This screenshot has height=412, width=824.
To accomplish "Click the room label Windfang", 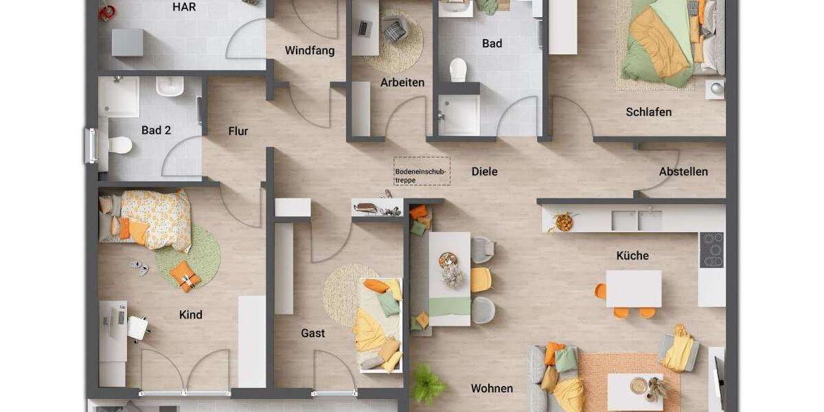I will click(310, 51).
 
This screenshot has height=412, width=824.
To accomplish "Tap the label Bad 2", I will click(156, 130).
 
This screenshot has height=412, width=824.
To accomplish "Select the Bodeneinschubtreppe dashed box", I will click(422, 171).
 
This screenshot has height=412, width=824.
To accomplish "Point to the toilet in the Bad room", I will click(458, 69).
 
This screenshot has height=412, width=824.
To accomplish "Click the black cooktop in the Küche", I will click(711, 250).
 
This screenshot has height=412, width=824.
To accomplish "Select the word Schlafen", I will click(648, 112).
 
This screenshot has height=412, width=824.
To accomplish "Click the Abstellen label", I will click(683, 172).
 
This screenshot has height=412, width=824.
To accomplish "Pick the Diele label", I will click(484, 172).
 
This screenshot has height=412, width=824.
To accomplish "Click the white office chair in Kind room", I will click(138, 328).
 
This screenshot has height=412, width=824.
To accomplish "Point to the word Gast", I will click(312, 333).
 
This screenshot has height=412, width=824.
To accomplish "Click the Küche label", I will click(632, 255).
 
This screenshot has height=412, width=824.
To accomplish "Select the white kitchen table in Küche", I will click(633, 288).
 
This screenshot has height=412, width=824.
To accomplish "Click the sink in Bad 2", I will click(169, 87).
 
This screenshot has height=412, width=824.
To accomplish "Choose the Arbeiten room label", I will click(402, 82).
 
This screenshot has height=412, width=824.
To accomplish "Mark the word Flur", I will click(238, 131).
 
